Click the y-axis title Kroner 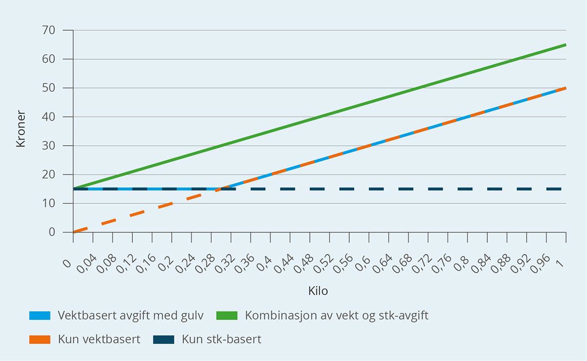coord(21,131)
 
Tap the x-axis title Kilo coord(318,291)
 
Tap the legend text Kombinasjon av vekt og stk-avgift coord(337,315)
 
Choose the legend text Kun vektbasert coord(99,339)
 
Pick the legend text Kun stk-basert coord(222,339)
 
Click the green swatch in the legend coord(226,315)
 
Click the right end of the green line coord(565,45)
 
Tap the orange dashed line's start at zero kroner coord(74,232)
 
